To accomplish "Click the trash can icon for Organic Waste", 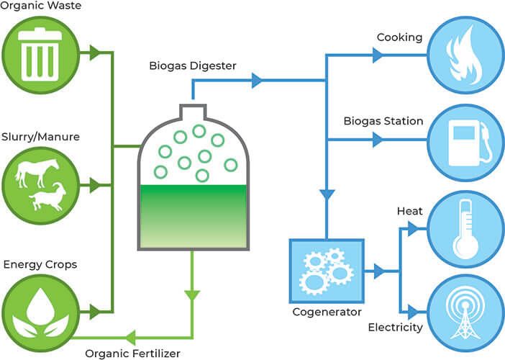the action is (x=40, y=55).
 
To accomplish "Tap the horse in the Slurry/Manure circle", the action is (x=37, y=172).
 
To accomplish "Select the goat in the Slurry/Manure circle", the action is (x=48, y=197).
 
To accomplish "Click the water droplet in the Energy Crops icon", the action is (x=40, y=305).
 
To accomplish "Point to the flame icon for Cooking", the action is (x=465, y=55).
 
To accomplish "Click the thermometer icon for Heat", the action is (x=465, y=229).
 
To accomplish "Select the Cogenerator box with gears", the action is (x=327, y=271).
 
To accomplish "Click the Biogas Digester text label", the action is (x=193, y=66).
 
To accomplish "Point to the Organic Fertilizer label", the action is (x=132, y=354).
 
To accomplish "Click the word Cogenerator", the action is (x=327, y=312).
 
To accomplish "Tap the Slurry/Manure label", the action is (x=40, y=137).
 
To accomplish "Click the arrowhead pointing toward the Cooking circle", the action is (x=378, y=55).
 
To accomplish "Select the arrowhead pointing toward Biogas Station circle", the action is (x=378, y=140).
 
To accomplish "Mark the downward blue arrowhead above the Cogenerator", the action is (x=327, y=194).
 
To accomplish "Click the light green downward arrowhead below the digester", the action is (x=192, y=295).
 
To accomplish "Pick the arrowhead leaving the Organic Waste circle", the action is (x=95, y=53).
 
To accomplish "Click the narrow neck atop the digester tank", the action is (x=193, y=112).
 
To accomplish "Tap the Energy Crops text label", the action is (x=40, y=265).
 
